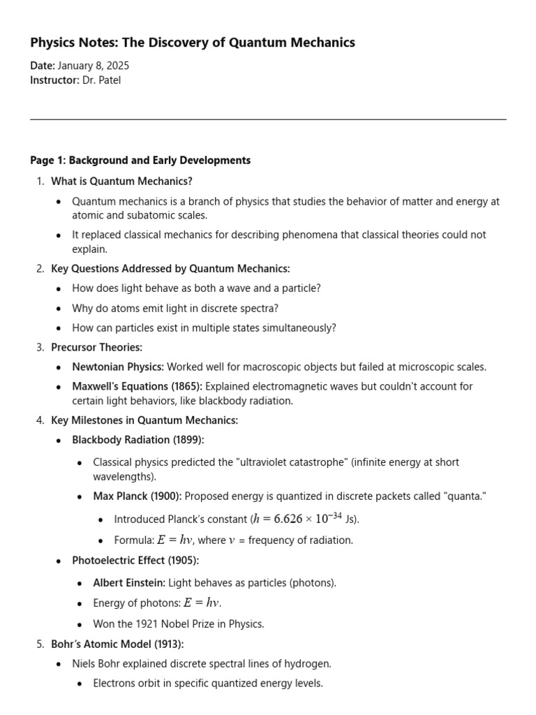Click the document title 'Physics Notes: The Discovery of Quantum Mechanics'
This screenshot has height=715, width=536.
193,43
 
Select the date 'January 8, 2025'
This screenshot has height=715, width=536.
94,66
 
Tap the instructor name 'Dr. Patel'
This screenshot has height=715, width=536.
101,80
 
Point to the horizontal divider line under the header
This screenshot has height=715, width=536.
268,119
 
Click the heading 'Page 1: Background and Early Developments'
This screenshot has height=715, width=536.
140,161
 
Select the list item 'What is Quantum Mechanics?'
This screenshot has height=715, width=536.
121,182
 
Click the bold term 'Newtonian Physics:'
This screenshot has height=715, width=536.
118,367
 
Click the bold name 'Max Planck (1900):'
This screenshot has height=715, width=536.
137,496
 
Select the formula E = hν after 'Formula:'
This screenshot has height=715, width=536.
174,540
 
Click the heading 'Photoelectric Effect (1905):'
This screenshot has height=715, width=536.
135,560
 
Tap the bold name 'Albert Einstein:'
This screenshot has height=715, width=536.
129,582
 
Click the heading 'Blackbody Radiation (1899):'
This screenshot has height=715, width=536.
137,440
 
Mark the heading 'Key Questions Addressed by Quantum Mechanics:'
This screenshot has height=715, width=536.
170,269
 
